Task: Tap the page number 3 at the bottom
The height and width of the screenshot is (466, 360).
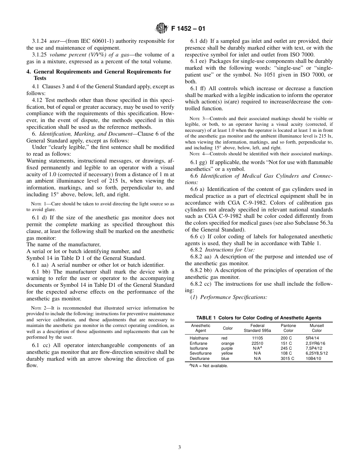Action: (x=180, y=447)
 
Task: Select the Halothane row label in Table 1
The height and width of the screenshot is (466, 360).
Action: (x=199, y=338)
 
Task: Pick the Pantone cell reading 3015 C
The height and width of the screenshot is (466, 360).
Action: (x=287, y=358)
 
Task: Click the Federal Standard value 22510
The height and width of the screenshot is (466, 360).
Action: (x=257, y=343)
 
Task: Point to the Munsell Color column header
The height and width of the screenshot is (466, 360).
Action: (x=316, y=328)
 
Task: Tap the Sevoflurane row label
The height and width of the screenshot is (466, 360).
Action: (x=201, y=353)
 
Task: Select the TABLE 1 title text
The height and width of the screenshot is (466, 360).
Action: (x=258, y=318)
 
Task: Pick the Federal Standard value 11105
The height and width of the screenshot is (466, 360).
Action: (x=257, y=338)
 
